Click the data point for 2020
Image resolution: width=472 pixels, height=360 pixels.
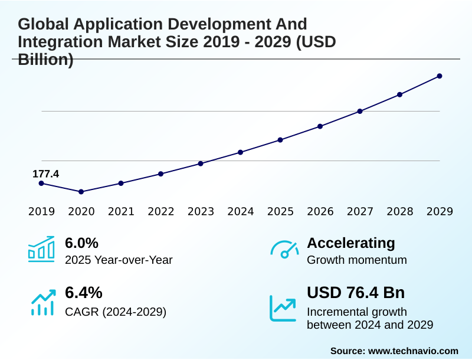pos(81,192)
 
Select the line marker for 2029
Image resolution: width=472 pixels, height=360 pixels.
pos(440,76)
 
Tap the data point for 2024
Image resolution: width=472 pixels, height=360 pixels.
pos(240,152)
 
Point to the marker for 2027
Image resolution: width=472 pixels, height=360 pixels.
pos(360,111)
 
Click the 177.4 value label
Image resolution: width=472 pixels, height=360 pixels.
pos(45,174)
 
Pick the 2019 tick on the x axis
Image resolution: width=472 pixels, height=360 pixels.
pos(41,211)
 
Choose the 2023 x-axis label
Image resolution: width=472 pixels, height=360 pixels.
pos(201,211)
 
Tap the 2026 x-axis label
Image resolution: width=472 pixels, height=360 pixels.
pos(320,211)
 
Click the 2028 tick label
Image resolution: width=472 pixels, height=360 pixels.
pos(399,211)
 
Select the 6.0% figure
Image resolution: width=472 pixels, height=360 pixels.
pos(81,243)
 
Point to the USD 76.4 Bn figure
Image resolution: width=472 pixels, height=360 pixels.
pos(356,293)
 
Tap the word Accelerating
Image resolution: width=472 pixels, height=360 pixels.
pos(351,243)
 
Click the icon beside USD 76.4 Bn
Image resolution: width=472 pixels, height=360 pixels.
pos(283,307)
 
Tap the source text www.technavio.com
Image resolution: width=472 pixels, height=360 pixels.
pos(413,351)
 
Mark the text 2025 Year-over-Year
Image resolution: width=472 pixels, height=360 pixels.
pos(119,260)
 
